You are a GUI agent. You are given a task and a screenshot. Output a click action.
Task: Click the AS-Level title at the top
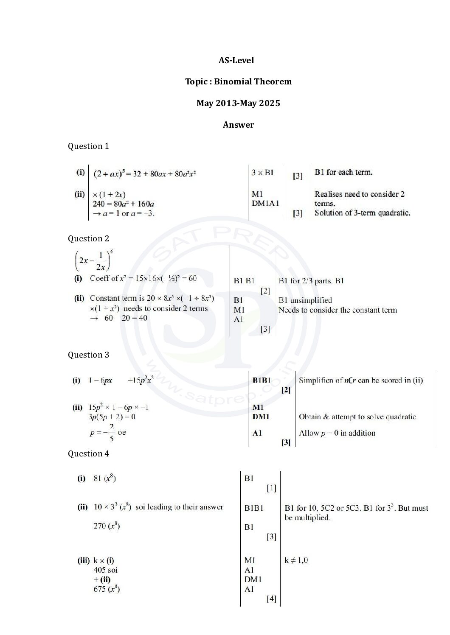[x=236, y=60]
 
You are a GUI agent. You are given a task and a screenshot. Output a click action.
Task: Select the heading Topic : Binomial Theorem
[x=238, y=81]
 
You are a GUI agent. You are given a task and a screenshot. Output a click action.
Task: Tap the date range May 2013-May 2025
[x=238, y=103]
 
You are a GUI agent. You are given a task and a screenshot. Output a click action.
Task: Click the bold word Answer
[x=238, y=125]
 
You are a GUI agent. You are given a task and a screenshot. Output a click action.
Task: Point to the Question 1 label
[x=88, y=146]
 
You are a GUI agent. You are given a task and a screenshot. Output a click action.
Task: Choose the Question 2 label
[x=88, y=238]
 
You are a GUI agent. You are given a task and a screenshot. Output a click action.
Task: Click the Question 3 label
[x=88, y=355]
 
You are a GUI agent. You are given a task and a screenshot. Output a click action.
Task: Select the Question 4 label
[x=88, y=453]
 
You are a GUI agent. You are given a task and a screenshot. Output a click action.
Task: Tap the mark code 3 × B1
[x=262, y=172]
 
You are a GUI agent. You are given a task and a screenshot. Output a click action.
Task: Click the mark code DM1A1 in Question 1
[x=265, y=204]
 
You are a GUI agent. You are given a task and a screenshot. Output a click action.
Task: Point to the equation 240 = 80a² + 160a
[x=123, y=204]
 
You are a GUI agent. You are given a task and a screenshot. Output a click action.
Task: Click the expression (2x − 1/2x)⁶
[x=94, y=260]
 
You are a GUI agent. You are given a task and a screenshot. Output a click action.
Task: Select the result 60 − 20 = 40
[x=126, y=318]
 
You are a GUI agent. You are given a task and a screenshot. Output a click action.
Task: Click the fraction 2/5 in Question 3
[x=111, y=432]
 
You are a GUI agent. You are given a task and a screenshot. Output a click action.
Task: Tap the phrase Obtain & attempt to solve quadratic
[x=357, y=417]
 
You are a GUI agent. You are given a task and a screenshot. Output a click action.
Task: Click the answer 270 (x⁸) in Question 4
[x=107, y=526]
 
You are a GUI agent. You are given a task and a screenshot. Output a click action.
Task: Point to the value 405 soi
[x=105, y=570]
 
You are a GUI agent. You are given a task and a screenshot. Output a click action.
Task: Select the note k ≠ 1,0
[x=296, y=560]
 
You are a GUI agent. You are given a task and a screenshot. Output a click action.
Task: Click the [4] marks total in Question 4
[x=271, y=599]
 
